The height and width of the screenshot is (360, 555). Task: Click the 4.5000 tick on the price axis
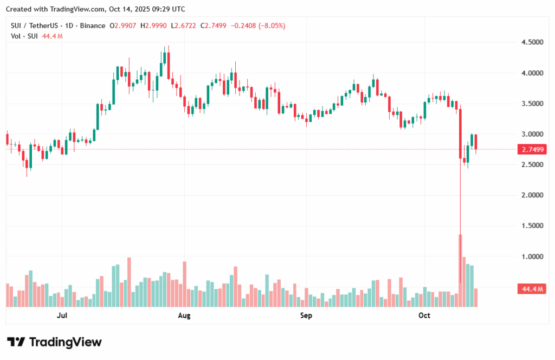pyautogui.click(x=532, y=42)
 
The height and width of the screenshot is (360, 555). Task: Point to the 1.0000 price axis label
pyautogui.click(x=532, y=256)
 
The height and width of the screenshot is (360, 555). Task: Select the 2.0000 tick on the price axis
pyautogui.click(x=532, y=195)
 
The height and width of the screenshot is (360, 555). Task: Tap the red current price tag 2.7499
pyautogui.click(x=532, y=149)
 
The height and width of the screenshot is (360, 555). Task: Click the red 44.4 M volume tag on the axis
pyautogui.click(x=532, y=290)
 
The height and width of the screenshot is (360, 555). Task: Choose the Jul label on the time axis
pyautogui.click(x=62, y=315)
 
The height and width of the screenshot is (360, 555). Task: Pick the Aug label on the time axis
pyautogui.click(x=185, y=315)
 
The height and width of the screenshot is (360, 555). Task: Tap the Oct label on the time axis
pyautogui.click(x=424, y=315)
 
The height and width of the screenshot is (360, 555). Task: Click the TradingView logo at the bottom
pyautogui.click(x=54, y=342)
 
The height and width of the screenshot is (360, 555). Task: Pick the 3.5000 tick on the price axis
pyautogui.click(x=532, y=104)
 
